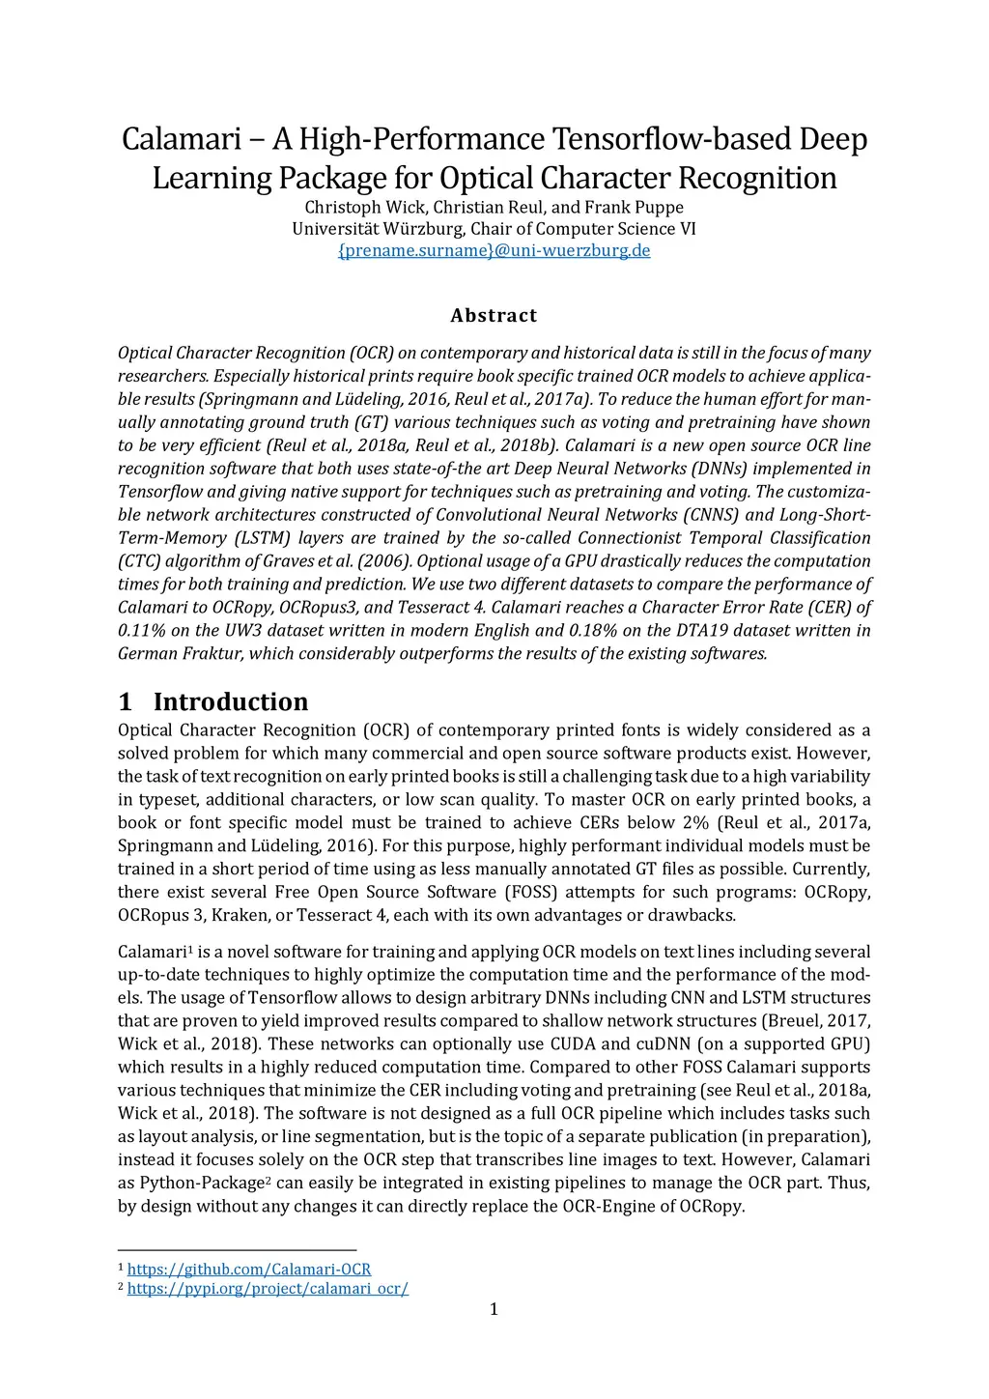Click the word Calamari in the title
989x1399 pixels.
[x=180, y=140]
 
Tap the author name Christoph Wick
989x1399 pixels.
[x=366, y=207]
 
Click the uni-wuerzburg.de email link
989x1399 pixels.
[x=494, y=250]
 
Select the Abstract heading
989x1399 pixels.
[x=494, y=316]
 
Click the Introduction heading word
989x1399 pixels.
[x=231, y=701]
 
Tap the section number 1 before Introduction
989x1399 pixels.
[x=125, y=701]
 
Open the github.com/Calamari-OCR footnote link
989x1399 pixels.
[x=249, y=1269]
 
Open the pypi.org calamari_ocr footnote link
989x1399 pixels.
[x=268, y=1288]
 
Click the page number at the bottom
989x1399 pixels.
[x=494, y=1309]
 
